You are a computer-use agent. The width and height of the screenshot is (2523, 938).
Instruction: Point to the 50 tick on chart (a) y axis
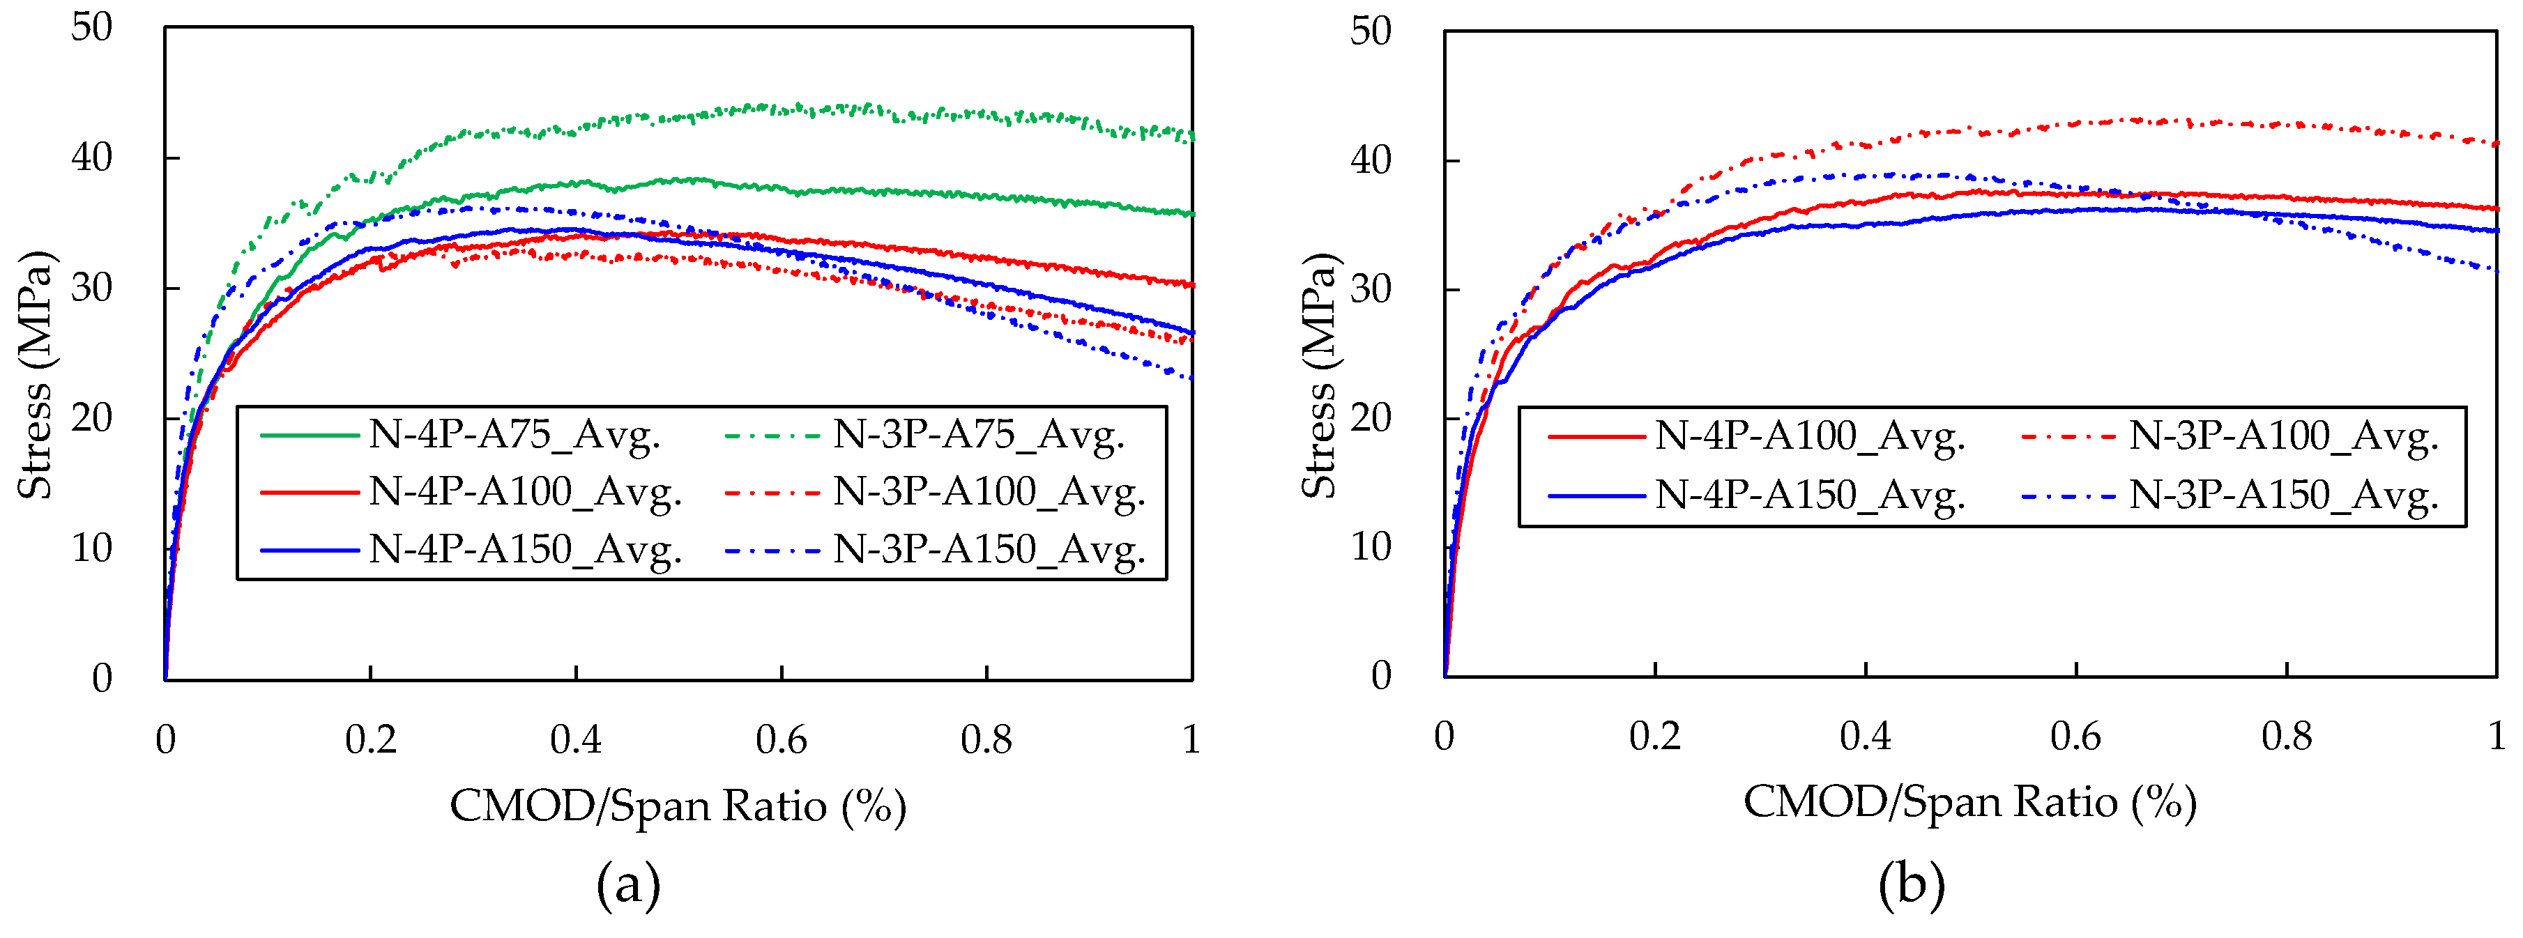pos(92,27)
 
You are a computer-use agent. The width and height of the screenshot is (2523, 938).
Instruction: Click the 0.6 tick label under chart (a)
pos(781,740)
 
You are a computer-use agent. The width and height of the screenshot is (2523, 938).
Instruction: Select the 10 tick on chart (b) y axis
pos(1371,547)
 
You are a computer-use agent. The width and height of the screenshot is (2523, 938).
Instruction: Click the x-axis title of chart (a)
pos(678,807)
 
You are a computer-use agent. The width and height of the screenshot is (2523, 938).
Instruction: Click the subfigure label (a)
pos(628,885)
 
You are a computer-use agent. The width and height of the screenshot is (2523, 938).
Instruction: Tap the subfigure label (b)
pos(1911,885)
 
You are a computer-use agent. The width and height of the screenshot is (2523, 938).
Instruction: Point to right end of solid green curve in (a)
pos(1190,213)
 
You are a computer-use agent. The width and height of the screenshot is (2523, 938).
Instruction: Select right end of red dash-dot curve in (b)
pos(2494,143)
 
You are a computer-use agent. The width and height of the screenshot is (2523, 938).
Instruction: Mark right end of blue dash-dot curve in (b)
pos(2494,270)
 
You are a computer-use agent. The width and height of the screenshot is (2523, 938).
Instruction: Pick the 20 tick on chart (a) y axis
pos(92,419)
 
